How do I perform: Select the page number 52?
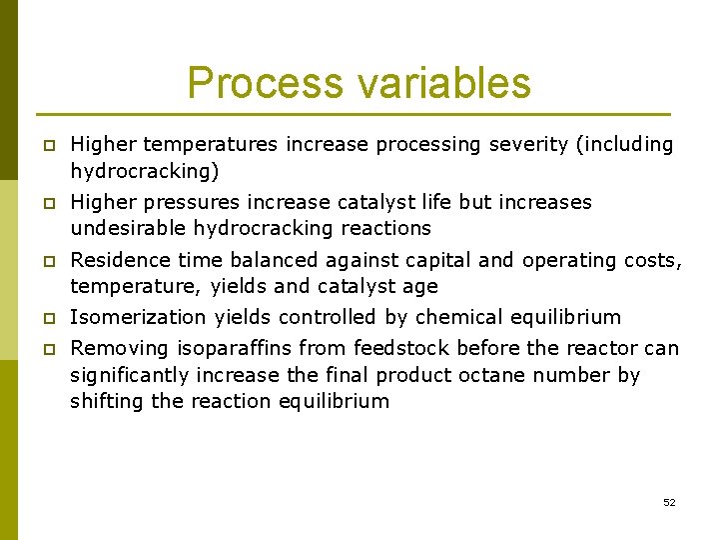tap(669, 502)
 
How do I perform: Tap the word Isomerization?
tap(138, 318)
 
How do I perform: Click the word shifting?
tap(104, 402)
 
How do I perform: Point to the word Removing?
tap(120, 349)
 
